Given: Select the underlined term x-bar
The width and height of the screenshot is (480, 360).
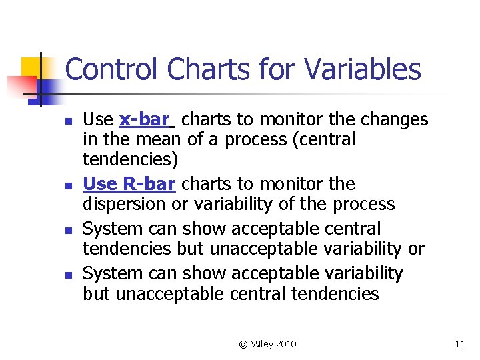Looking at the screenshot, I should (144, 120).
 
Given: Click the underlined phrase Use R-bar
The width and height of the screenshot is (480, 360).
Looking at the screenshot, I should (129, 184).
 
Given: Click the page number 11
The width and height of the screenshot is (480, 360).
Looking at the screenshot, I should (459, 344).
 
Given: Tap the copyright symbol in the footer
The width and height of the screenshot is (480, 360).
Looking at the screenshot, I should (243, 344).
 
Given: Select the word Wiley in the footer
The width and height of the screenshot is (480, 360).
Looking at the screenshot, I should (262, 344).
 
